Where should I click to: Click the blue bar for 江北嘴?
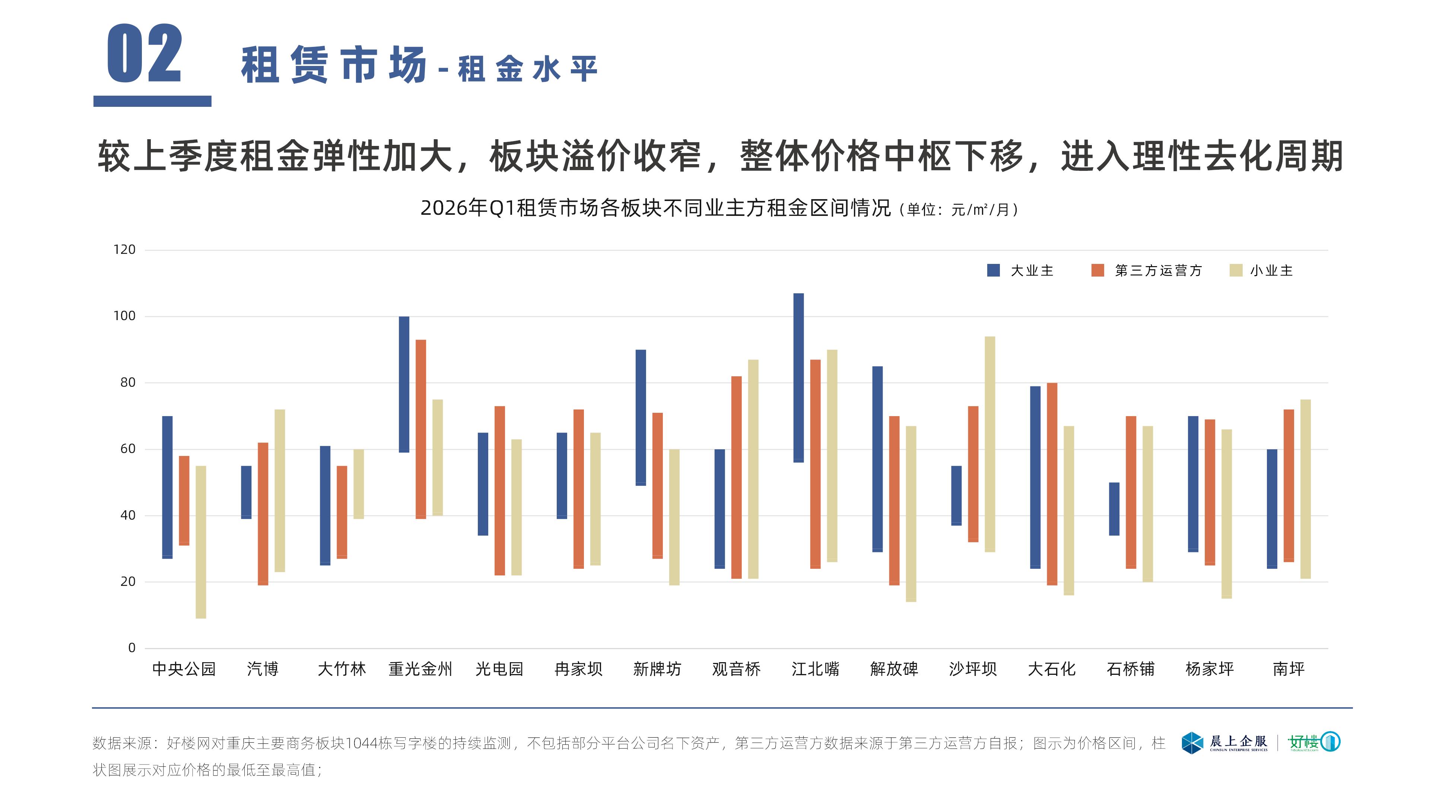coord(798,377)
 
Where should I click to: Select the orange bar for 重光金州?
coord(421,429)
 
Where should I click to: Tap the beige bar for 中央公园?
coord(201,542)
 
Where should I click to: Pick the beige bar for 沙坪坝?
coord(990,444)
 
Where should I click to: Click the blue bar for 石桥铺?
coord(1114,509)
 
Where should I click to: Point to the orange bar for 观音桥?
coord(736,477)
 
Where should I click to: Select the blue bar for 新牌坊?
coord(641,417)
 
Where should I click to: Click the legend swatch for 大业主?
coord(993,270)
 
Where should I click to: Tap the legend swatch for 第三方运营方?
coord(1097,270)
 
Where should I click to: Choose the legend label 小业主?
coord(1271,271)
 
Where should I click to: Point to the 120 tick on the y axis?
coord(124,250)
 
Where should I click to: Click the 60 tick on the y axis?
coord(128,449)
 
